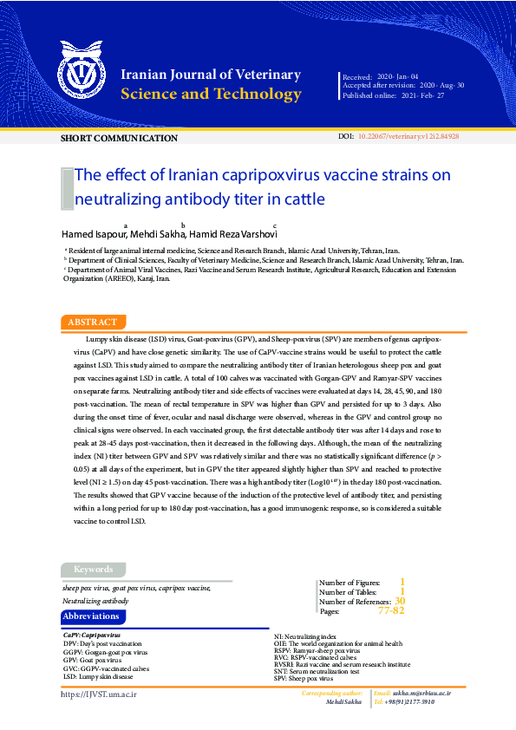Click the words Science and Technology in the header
click(211, 95)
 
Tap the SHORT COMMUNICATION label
click(119, 138)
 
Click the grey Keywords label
click(93, 570)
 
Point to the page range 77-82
click(391, 611)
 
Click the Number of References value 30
click(399, 601)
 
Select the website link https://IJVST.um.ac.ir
click(99, 694)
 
